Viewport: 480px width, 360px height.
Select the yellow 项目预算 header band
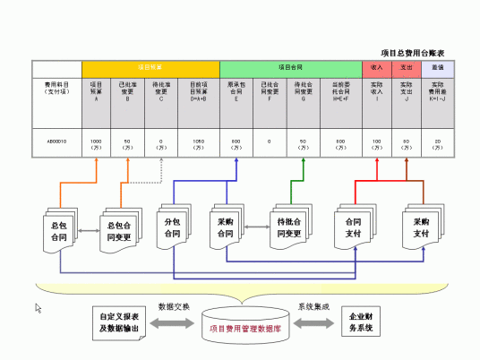pos(150,68)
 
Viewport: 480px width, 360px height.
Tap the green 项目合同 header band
pos(290,68)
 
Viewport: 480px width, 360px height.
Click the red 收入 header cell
pos(377,68)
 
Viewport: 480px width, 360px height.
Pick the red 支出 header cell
pos(407,68)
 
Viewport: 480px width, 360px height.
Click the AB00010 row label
pos(56,141)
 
